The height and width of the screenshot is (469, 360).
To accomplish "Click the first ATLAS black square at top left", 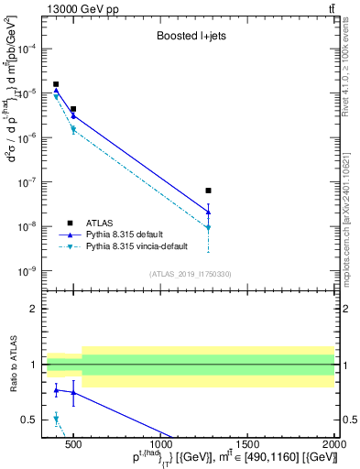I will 56,84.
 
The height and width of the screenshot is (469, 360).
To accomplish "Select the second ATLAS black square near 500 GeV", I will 73,109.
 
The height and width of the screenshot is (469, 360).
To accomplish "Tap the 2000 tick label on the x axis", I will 334,442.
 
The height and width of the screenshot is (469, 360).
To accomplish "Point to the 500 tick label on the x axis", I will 73,442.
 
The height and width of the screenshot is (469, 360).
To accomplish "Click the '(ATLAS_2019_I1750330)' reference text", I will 191,273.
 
